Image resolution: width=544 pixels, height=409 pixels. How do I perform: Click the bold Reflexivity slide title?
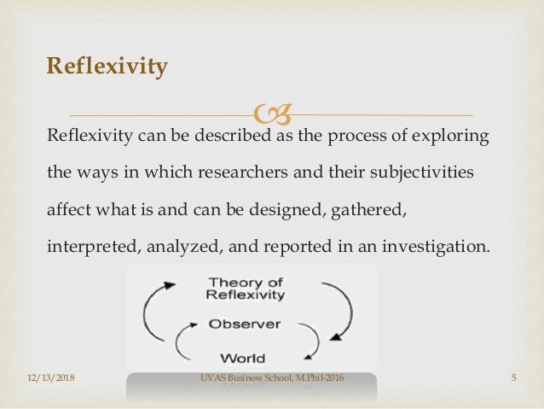click(107, 66)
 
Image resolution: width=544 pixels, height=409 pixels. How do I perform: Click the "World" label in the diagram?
click(242, 358)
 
